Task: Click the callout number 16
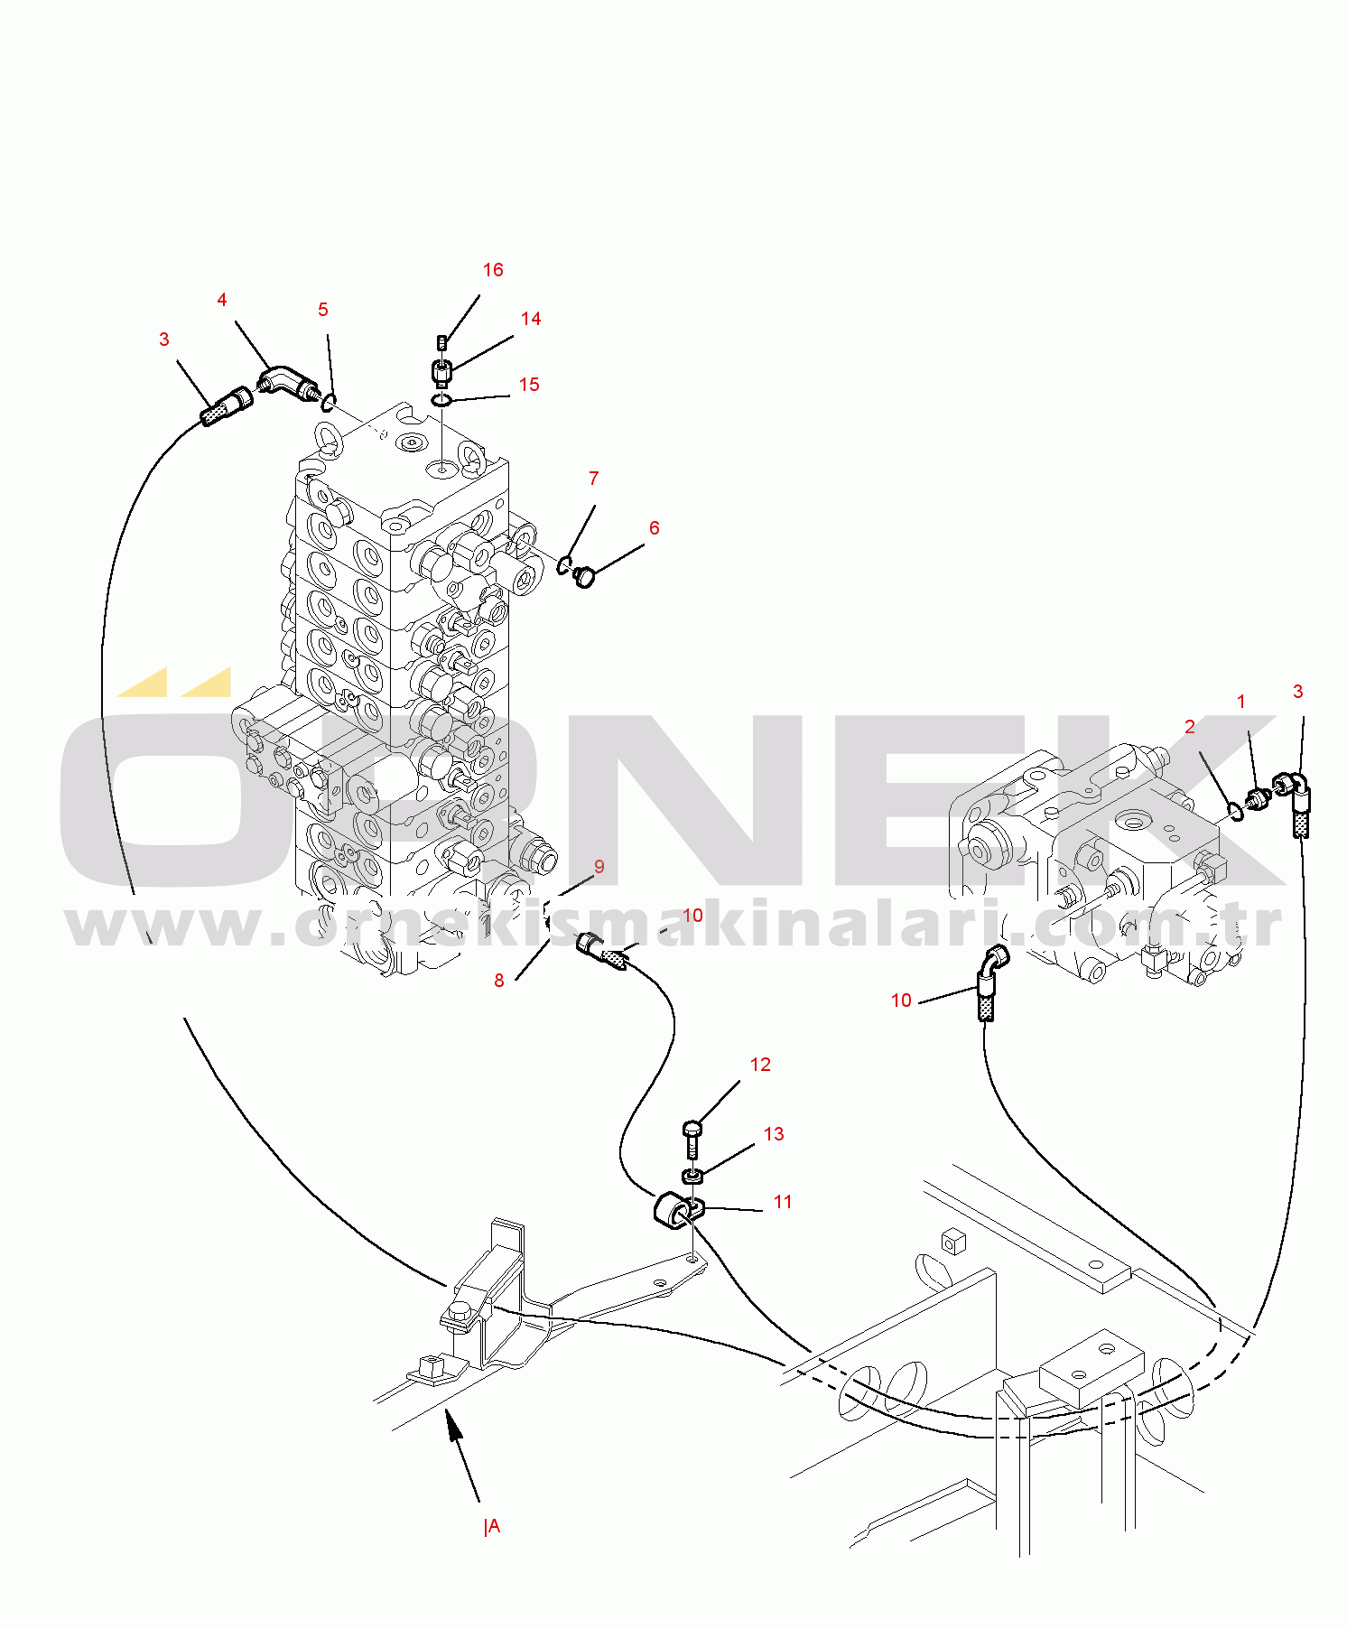(x=493, y=270)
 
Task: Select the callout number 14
(x=531, y=319)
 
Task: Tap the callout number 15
(x=529, y=385)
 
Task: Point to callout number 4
(x=222, y=300)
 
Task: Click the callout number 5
(x=323, y=310)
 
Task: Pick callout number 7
(x=594, y=479)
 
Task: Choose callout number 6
(x=655, y=528)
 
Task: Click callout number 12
(x=760, y=1065)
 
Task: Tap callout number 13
(x=774, y=1134)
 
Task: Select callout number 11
(x=783, y=1202)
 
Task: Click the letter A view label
(x=493, y=1526)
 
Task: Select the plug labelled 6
(x=585, y=575)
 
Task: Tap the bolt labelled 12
(x=692, y=1140)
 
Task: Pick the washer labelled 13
(x=692, y=1175)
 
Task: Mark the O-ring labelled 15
(x=441, y=400)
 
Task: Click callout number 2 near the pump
(x=1190, y=727)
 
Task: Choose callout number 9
(x=599, y=867)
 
